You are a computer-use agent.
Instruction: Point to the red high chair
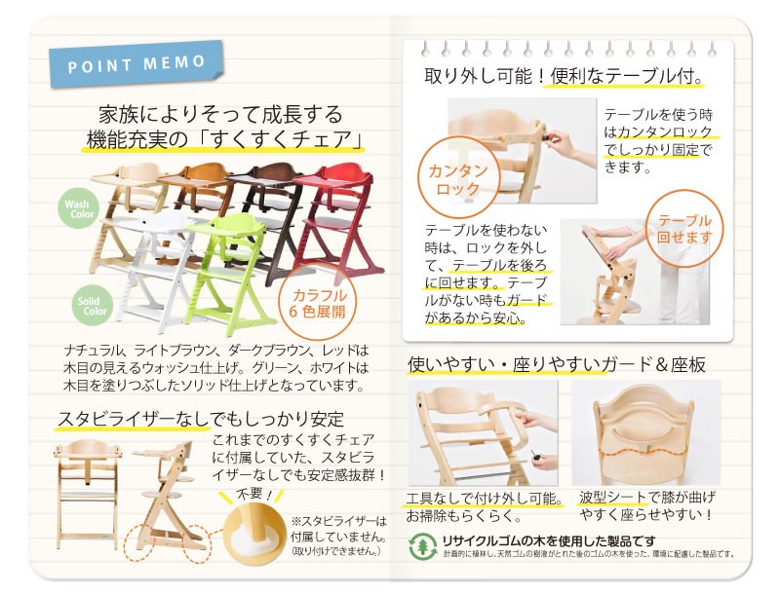point(339,219)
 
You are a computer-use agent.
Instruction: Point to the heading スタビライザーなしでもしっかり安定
point(200,420)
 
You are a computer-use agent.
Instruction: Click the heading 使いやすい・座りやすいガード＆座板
point(557,365)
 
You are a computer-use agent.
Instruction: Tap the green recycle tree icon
point(421,544)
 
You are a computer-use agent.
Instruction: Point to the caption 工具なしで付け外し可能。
point(484,499)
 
